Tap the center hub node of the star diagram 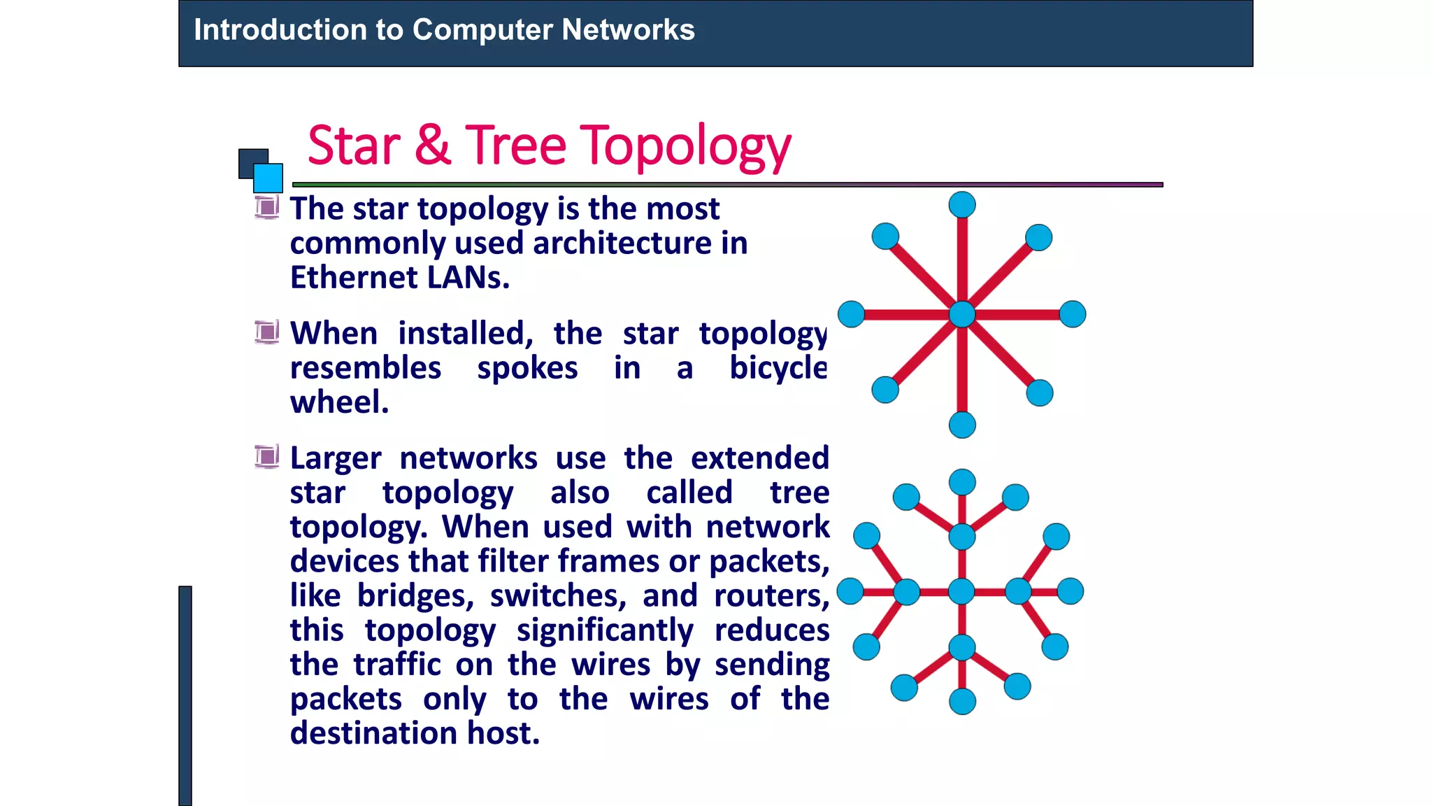pyautogui.click(x=962, y=314)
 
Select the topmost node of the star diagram pyautogui.click(x=962, y=205)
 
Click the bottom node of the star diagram pyautogui.click(x=962, y=425)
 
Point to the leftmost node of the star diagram pyautogui.click(x=851, y=314)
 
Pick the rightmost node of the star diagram pyautogui.click(x=1073, y=314)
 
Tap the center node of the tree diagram pyautogui.click(x=961, y=591)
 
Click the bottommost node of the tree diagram pyautogui.click(x=962, y=701)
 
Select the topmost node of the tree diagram pyautogui.click(x=962, y=482)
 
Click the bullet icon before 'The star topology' pyautogui.click(x=266, y=207)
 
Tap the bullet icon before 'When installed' pyautogui.click(x=266, y=332)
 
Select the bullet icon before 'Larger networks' pyautogui.click(x=266, y=457)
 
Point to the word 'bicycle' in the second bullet pyautogui.click(x=778, y=368)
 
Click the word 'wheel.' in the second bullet pyautogui.click(x=339, y=402)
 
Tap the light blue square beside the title pyautogui.click(x=268, y=178)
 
